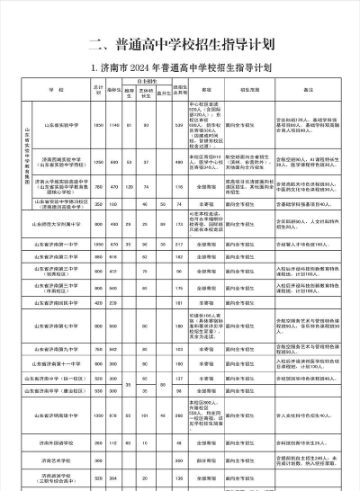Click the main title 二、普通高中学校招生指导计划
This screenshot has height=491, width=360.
point(181,45)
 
